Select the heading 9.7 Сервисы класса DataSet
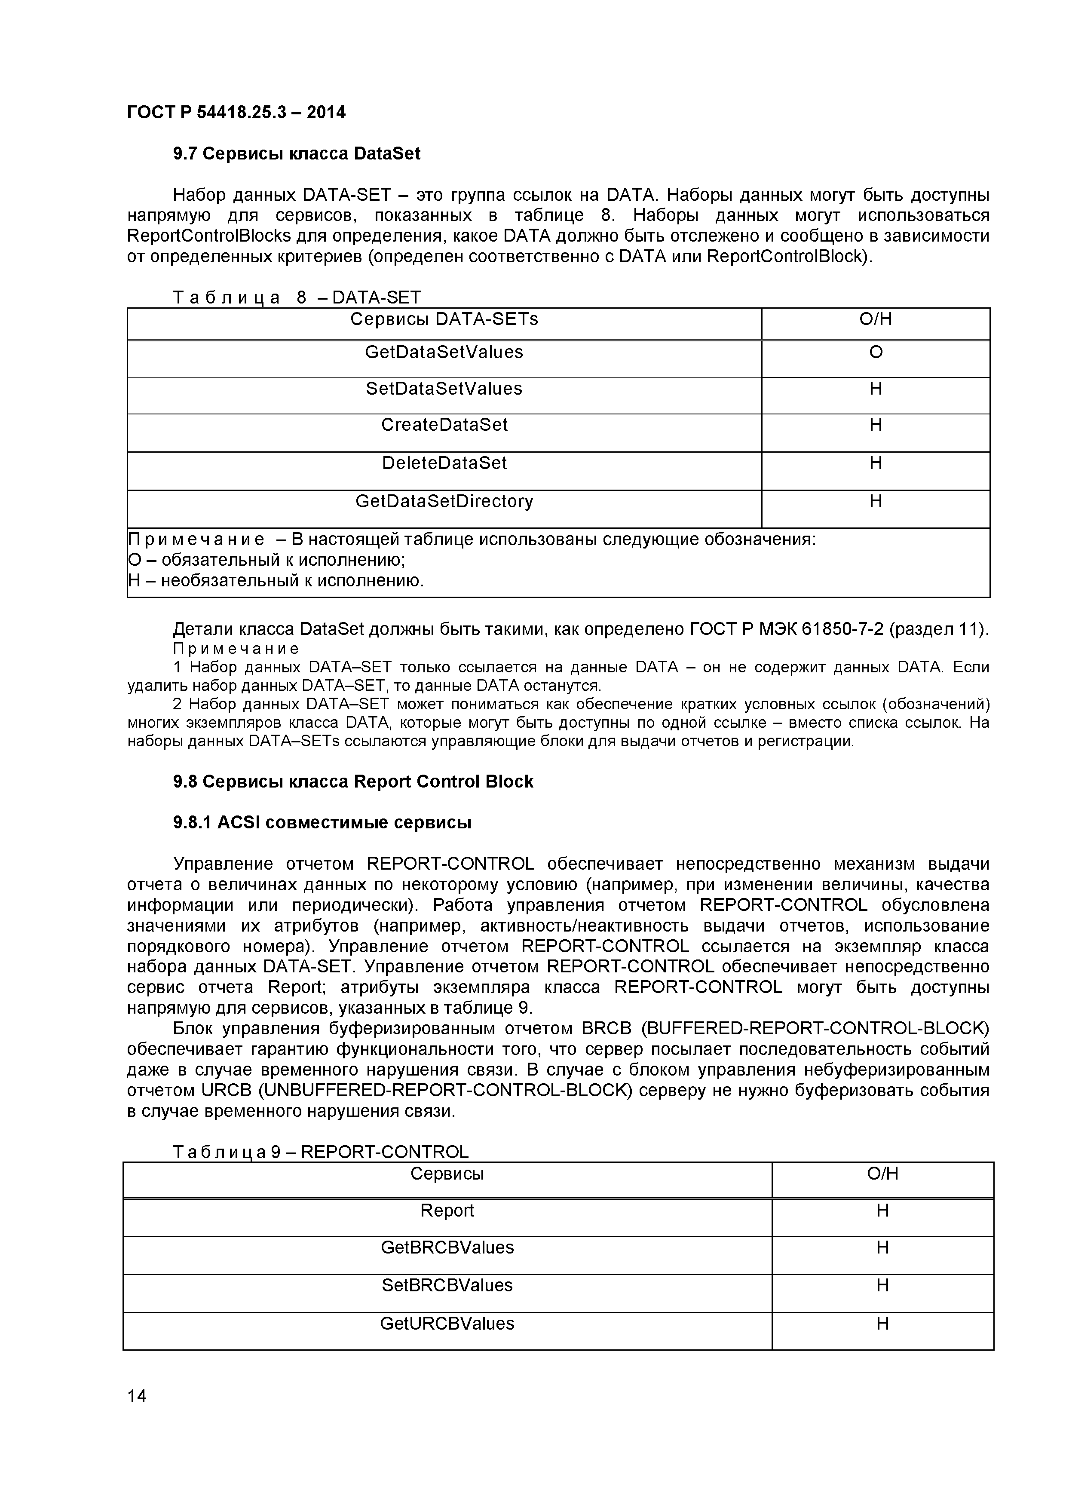pos(296,154)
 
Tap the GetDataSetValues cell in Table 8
pos(444,352)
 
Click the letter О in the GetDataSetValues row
pos(876,352)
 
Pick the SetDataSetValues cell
pos(444,389)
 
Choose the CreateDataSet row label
pos(444,425)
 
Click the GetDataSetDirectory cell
pos(444,502)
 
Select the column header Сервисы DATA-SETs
pos(444,319)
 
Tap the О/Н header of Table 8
pos(876,319)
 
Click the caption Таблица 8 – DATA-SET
pos(296,297)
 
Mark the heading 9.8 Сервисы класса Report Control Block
pos(353,782)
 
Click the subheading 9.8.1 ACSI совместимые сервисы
pos(322,822)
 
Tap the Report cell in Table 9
pos(447,1211)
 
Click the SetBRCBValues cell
pos(447,1285)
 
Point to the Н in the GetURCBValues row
pos(882,1324)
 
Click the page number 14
pos(137,1396)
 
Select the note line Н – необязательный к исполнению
pos(276,581)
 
